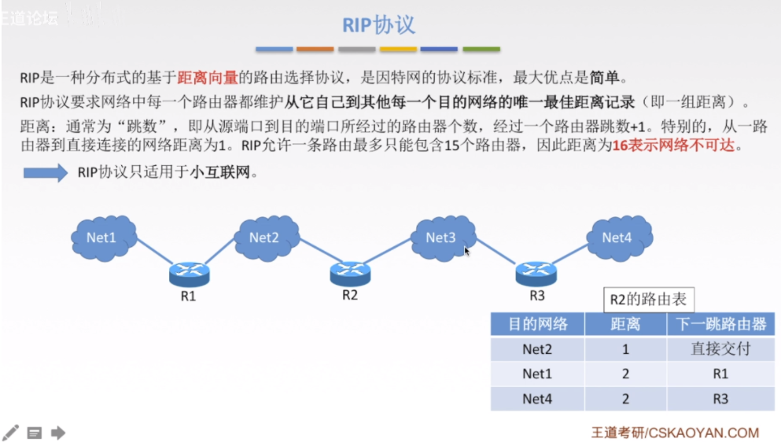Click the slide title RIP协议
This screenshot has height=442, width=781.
click(378, 24)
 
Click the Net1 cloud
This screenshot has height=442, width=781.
click(102, 237)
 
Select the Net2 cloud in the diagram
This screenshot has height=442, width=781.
click(265, 237)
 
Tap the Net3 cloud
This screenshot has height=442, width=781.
click(441, 237)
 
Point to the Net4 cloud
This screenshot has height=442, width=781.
click(617, 237)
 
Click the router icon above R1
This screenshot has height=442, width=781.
click(189, 274)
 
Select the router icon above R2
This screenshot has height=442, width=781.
click(350, 273)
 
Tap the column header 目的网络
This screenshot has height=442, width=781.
click(537, 324)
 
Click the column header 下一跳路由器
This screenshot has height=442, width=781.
click(720, 324)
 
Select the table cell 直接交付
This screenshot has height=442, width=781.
click(720, 349)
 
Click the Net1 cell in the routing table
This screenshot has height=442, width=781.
click(537, 374)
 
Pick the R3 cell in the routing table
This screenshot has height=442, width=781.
click(720, 400)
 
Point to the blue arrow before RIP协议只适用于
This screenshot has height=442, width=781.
click(46, 173)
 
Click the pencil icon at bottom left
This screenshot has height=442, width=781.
click(11, 432)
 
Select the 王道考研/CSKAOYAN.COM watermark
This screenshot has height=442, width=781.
click(675, 433)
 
